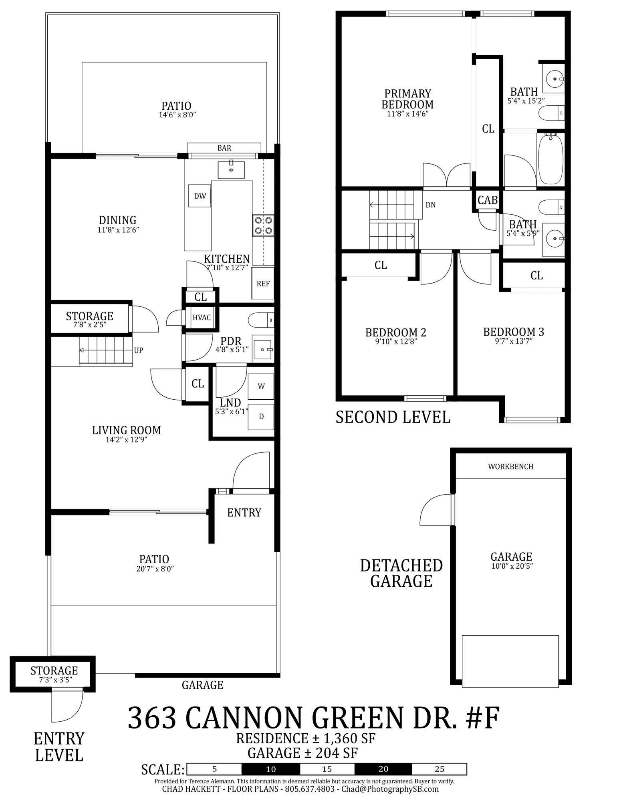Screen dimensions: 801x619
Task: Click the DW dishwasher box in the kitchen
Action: [x=200, y=196]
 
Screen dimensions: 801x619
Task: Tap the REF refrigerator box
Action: [x=263, y=283]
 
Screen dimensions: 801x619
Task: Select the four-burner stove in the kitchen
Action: [x=263, y=225]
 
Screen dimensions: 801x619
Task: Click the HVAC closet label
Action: [x=202, y=318]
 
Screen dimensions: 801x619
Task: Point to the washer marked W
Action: [x=261, y=386]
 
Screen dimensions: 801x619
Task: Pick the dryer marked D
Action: [x=261, y=417]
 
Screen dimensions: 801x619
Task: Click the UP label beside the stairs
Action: [x=139, y=350]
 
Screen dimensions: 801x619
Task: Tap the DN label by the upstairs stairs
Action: [x=430, y=205]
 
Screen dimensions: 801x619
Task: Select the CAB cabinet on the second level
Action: [x=488, y=200]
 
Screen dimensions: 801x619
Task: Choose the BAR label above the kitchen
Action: [x=224, y=148]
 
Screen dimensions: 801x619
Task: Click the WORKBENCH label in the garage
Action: [x=510, y=467]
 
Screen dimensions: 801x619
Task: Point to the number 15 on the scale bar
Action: [x=327, y=769]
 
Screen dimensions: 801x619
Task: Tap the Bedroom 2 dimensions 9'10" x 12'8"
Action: [x=396, y=342]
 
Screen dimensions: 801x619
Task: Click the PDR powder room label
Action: [x=231, y=341]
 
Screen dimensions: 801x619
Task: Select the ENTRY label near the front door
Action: [x=244, y=513]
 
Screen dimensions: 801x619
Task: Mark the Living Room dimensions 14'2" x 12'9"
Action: [x=127, y=440]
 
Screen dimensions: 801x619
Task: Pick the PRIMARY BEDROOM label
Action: [x=407, y=99]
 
